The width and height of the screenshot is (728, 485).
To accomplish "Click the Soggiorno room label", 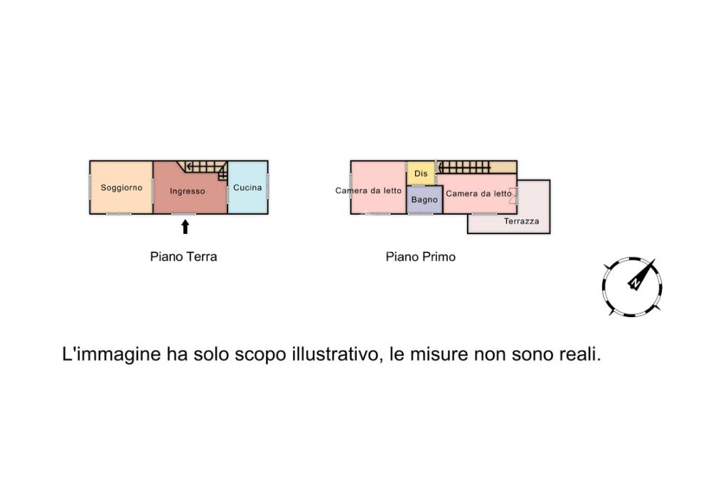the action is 121,188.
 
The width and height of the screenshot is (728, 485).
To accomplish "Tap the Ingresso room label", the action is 187,191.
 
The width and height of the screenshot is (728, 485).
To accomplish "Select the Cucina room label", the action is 247,187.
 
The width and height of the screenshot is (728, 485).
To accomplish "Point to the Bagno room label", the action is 424,200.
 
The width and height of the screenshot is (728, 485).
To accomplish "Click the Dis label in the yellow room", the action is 421,174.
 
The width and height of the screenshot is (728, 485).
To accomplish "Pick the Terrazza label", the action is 521,221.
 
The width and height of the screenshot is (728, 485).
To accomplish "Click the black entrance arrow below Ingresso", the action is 186,227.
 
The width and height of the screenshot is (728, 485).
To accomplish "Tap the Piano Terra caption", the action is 183,257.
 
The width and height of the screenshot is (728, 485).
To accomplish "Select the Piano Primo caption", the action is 421,257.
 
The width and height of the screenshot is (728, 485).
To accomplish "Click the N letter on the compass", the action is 635,282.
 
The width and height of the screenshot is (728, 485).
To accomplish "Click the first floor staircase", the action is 464,167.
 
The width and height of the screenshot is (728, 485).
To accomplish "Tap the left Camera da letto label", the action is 368,191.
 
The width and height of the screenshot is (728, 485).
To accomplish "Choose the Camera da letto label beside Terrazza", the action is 478,193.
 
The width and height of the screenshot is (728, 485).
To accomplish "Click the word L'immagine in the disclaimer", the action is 111,355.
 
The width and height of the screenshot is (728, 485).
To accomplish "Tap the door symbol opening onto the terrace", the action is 513,196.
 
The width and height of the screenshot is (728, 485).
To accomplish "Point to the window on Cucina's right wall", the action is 268,187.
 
